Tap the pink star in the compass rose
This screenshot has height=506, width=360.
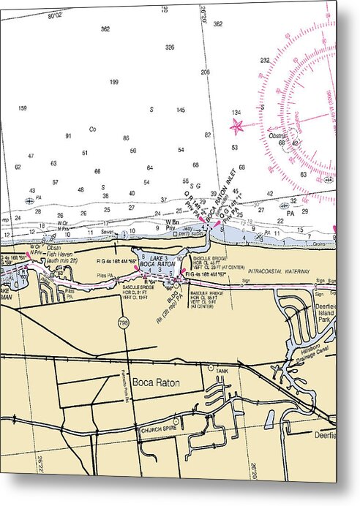tap(237, 126)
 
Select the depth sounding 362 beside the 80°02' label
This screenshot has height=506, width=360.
tap(105, 29)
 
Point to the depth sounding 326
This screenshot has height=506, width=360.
tap(170, 48)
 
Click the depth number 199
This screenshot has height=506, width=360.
tap(113, 82)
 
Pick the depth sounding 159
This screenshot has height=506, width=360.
tap(23, 109)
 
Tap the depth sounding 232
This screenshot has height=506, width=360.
tap(264, 61)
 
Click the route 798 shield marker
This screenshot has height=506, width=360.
tap(128, 322)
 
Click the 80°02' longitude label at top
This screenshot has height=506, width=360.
tap(55, 15)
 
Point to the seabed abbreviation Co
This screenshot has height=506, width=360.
tap(92, 129)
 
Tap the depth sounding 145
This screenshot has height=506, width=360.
tap(180, 110)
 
